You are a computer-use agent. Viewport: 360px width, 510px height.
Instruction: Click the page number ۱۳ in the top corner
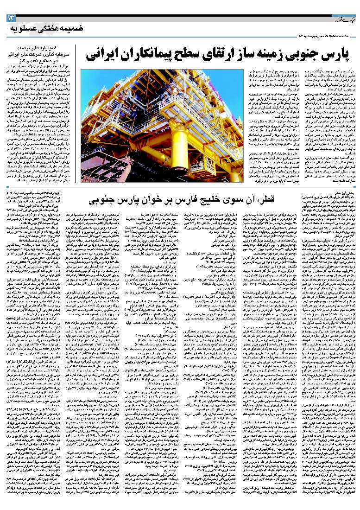click(x=10, y=19)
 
